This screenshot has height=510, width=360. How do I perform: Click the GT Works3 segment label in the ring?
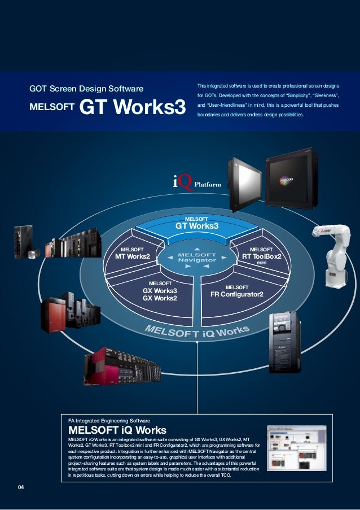pos(196,226)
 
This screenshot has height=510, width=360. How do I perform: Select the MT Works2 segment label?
pos(133,256)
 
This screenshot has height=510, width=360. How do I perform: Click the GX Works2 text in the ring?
pos(160,298)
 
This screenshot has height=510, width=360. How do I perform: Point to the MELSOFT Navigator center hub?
pos(197,257)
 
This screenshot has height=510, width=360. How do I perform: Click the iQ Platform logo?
pos(196,182)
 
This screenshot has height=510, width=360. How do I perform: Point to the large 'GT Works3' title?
pos(133,107)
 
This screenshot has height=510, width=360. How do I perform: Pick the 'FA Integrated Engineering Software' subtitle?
pos(109,421)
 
